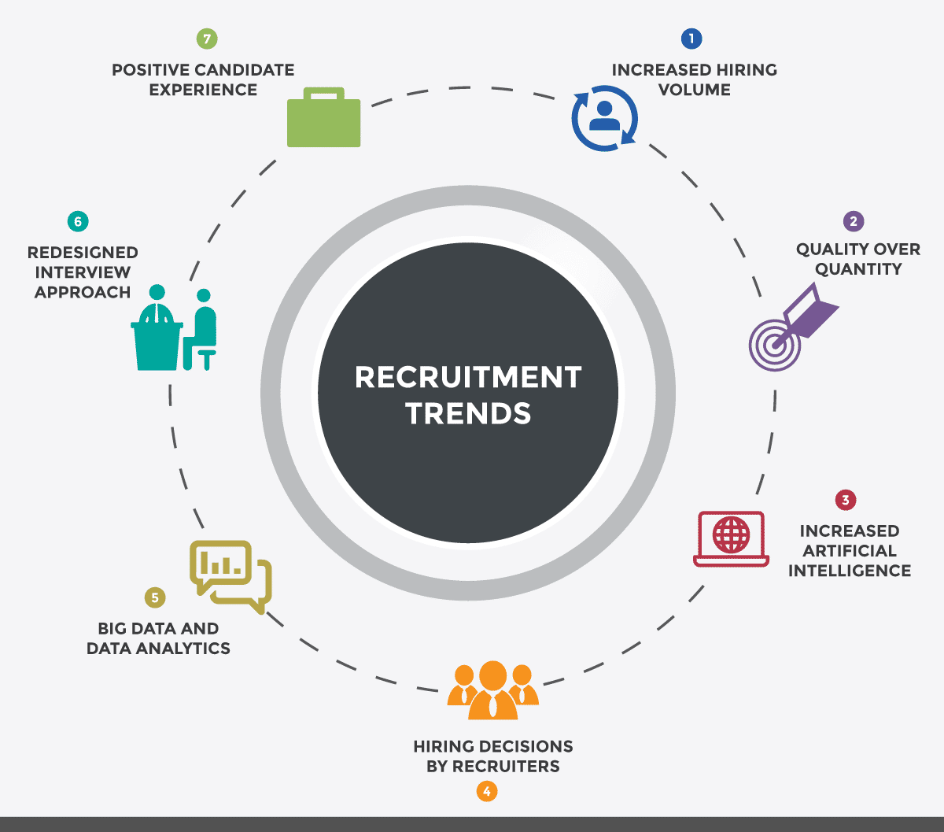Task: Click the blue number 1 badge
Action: (x=691, y=39)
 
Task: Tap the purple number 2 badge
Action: (x=853, y=221)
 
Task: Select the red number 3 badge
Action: (x=845, y=500)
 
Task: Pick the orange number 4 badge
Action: (x=487, y=791)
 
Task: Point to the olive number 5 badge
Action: (x=155, y=597)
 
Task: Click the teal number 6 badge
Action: (x=77, y=221)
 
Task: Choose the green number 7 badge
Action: (x=207, y=39)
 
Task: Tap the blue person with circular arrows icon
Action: (x=604, y=119)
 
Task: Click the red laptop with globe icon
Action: (x=731, y=538)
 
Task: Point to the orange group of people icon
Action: (x=492, y=690)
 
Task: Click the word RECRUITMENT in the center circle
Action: (x=468, y=378)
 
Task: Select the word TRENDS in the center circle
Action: (x=468, y=413)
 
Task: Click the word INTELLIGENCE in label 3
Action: (x=850, y=571)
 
